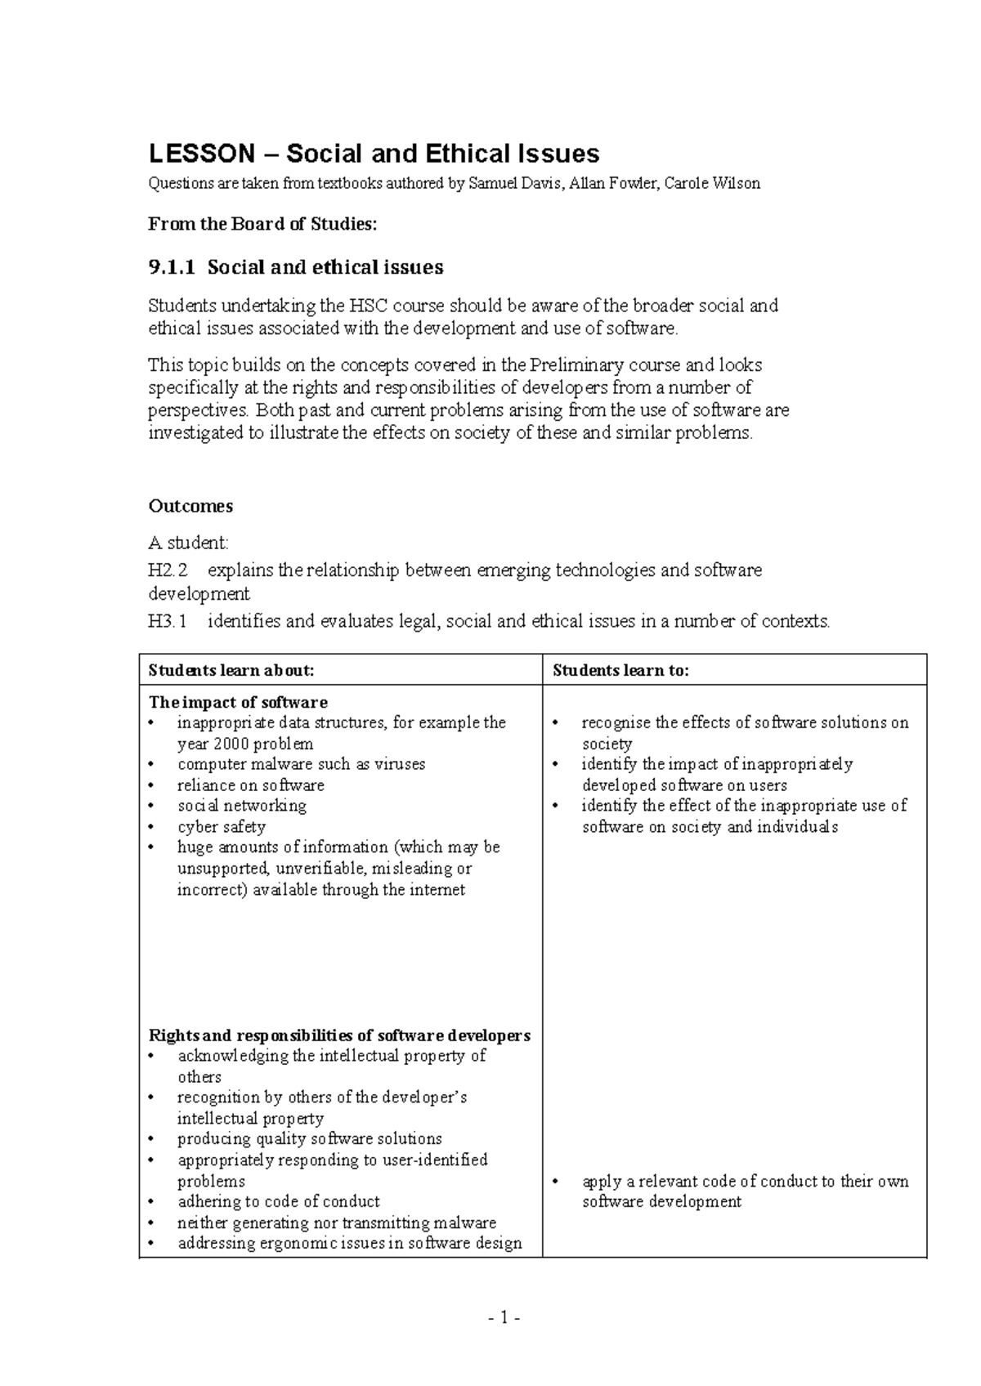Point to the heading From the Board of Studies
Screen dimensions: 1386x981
(262, 224)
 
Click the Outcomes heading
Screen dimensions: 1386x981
(190, 506)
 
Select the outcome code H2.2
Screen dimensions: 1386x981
(168, 570)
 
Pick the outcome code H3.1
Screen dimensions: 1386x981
(168, 621)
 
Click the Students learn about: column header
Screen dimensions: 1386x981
(231, 670)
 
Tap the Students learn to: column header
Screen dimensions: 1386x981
(620, 670)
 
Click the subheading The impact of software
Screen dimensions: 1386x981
(238, 702)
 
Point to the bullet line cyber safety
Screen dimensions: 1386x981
(222, 827)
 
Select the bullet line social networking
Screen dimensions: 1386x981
(242, 806)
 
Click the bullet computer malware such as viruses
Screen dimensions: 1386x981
(301, 764)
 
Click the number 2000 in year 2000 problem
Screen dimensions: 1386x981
(231, 744)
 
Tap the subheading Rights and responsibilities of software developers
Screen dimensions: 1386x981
(339, 1035)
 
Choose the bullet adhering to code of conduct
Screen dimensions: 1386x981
(278, 1201)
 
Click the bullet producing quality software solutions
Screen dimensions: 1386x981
(309, 1138)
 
